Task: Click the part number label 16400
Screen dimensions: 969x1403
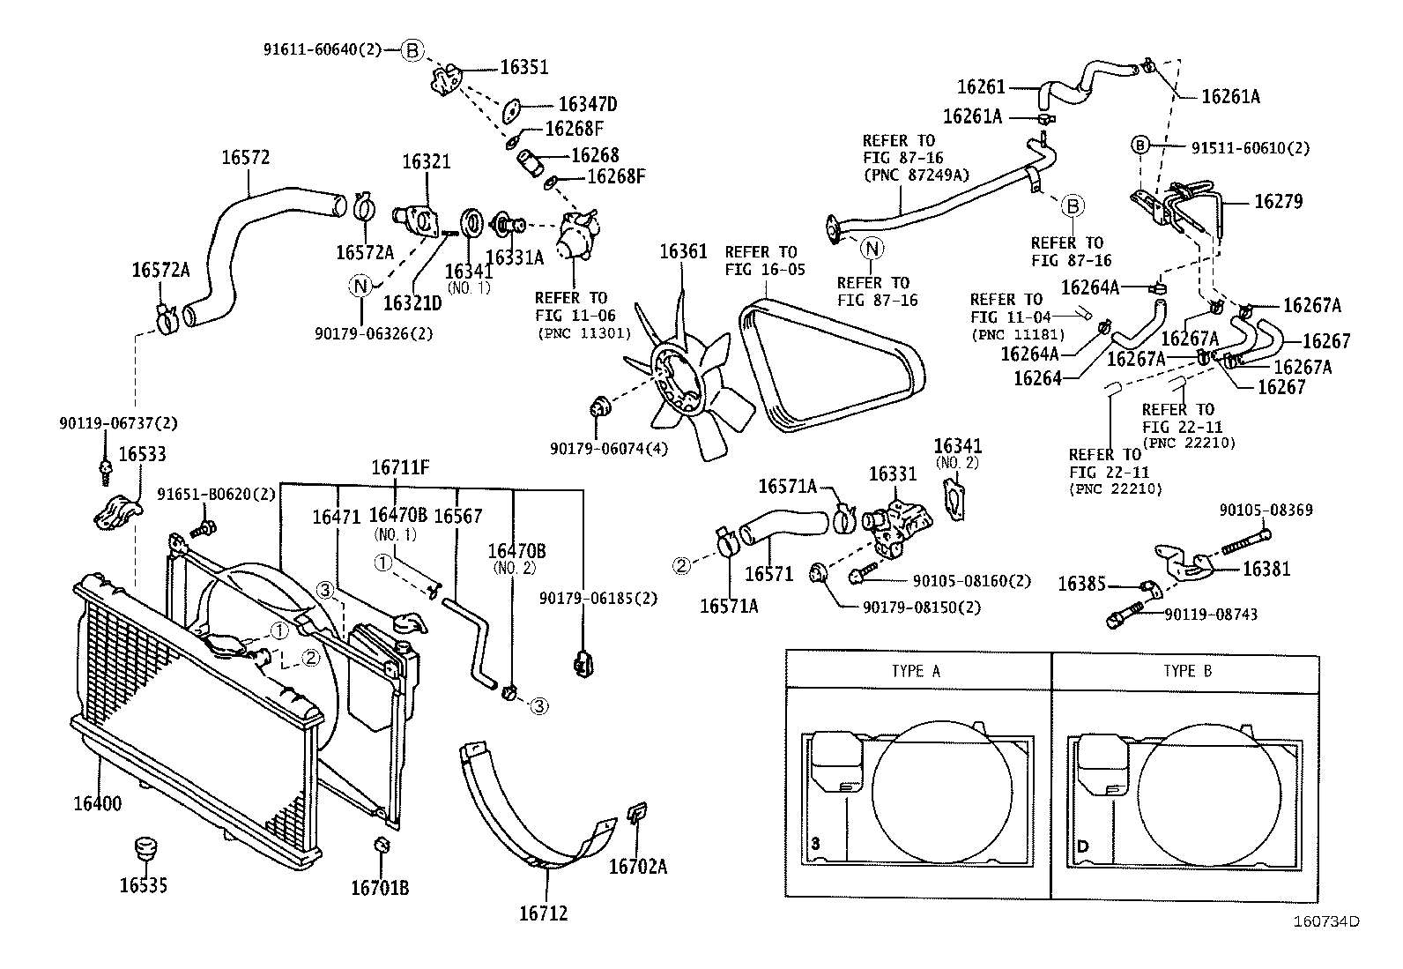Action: click(x=97, y=804)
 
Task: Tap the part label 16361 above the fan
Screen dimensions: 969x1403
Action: click(x=683, y=252)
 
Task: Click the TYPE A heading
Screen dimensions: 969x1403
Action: click(x=916, y=671)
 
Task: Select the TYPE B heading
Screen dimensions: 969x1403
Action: click(x=1187, y=671)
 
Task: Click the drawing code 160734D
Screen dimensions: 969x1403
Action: click(x=1325, y=921)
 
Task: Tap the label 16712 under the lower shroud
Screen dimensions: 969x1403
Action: click(x=543, y=913)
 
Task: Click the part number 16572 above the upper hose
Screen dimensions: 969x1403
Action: click(x=245, y=158)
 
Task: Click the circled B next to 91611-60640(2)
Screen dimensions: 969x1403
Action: click(x=412, y=50)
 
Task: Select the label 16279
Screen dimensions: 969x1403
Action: click(x=1278, y=201)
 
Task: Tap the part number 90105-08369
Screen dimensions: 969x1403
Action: click(x=1266, y=510)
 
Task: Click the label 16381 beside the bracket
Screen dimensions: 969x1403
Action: click(x=1266, y=569)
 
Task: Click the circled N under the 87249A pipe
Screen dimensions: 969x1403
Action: click(x=872, y=249)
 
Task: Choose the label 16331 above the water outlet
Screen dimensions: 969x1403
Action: click(x=892, y=474)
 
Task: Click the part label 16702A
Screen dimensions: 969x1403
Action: click(x=637, y=867)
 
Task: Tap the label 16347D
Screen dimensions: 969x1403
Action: click(x=588, y=105)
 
